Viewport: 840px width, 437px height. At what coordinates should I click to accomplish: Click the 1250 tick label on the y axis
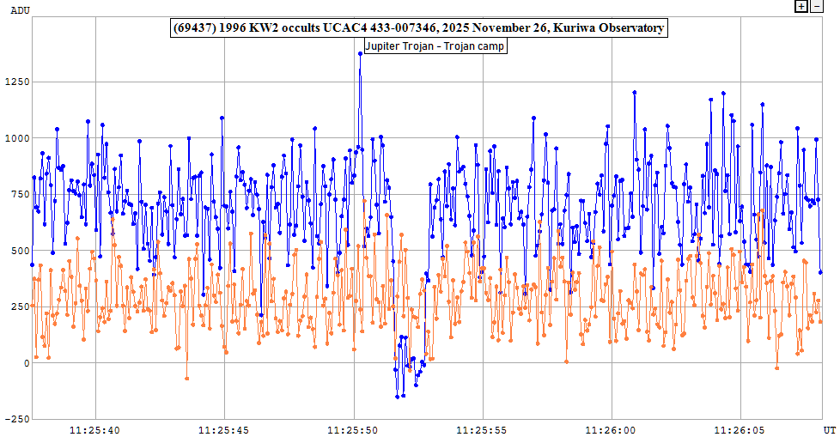16,82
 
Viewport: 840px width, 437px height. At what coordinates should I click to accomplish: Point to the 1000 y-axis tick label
16,137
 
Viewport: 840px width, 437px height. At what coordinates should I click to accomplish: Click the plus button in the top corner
801,6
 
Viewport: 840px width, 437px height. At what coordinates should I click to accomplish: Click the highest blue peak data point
360,53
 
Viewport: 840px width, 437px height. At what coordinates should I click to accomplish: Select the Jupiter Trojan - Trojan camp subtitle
435,46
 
